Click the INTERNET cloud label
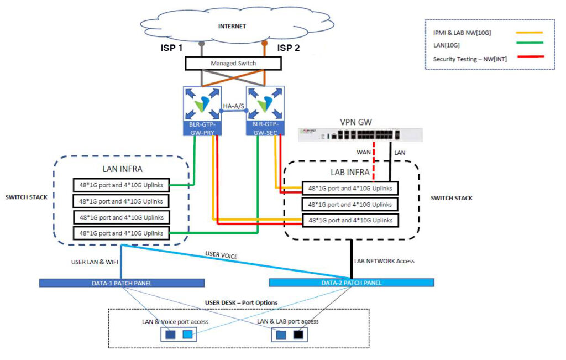(232, 25)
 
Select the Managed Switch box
(233, 64)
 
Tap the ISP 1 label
(171, 48)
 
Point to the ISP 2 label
(289, 48)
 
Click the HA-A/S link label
(233, 106)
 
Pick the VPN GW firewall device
(360, 134)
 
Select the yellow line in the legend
(528, 33)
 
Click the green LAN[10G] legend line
(528, 42)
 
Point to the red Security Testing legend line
(528, 56)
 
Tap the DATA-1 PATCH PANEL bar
(122, 283)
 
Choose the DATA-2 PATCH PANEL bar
(351, 283)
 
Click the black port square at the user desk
(298, 335)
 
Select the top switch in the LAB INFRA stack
(350, 189)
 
